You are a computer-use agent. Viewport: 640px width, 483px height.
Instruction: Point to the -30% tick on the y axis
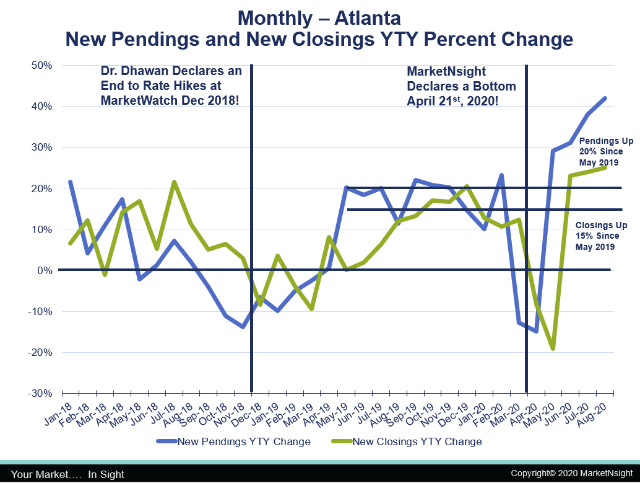point(39,393)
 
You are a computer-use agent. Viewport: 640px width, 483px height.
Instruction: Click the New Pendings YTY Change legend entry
point(243,442)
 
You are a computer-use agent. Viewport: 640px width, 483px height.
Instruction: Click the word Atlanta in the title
point(359,17)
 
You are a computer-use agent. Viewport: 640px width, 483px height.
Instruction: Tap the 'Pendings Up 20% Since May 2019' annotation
point(600,151)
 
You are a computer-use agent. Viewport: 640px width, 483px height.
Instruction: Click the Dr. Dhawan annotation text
point(170,86)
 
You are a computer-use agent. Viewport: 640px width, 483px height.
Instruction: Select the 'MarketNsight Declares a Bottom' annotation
point(461,86)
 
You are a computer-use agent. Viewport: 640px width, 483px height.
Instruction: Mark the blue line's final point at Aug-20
point(605,98)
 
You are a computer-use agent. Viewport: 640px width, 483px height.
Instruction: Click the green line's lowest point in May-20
point(553,348)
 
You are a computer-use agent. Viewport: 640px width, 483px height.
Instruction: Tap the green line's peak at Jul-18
point(175,182)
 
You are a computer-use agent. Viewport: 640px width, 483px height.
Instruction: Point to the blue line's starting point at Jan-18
point(71,182)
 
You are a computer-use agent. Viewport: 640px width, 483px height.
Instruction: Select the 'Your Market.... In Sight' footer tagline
point(67,474)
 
